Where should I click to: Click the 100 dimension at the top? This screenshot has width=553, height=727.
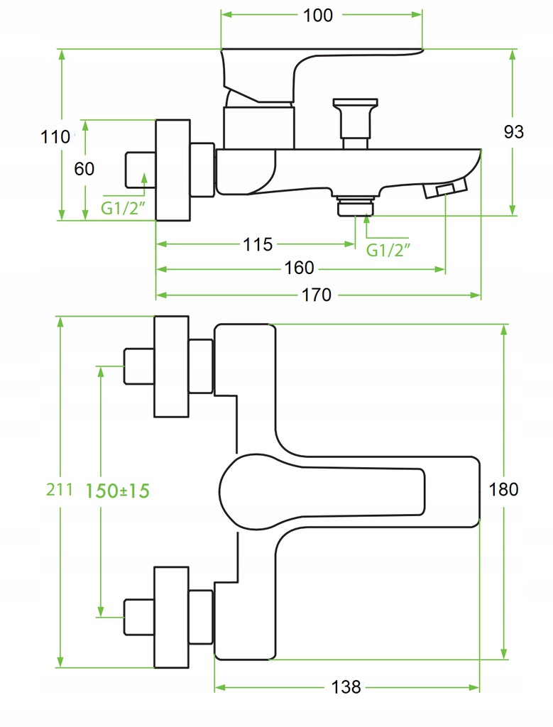click(x=317, y=16)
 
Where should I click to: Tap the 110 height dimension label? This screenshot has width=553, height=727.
click(x=55, y=137)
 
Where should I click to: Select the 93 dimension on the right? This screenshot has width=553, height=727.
click(x=513, y=132)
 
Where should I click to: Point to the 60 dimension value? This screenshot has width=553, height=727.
click(x=84, y=169)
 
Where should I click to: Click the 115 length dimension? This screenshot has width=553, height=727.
click(x=258, y=244)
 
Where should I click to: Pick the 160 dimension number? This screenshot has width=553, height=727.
click(x=299, y=268)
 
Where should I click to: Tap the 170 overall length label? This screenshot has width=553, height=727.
click(x=317, y=295)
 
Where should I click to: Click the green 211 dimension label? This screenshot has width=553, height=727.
click(x=60, y=490)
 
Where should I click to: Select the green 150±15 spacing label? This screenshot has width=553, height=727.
click(x=117, y=491)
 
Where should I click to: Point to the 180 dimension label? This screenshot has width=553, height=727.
click(x=503, y=490)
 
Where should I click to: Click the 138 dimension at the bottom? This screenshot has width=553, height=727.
click(x=346, y=687)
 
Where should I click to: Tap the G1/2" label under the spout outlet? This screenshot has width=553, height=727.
click(x=388, y=250)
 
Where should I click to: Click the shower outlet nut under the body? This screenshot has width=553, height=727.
click(x=356, y=205)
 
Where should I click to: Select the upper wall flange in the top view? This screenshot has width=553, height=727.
click(x=172, y=366)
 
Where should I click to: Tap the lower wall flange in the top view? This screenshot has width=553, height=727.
click(x=172, y=617)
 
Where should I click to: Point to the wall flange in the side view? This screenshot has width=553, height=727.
click(x=173, y=170)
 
